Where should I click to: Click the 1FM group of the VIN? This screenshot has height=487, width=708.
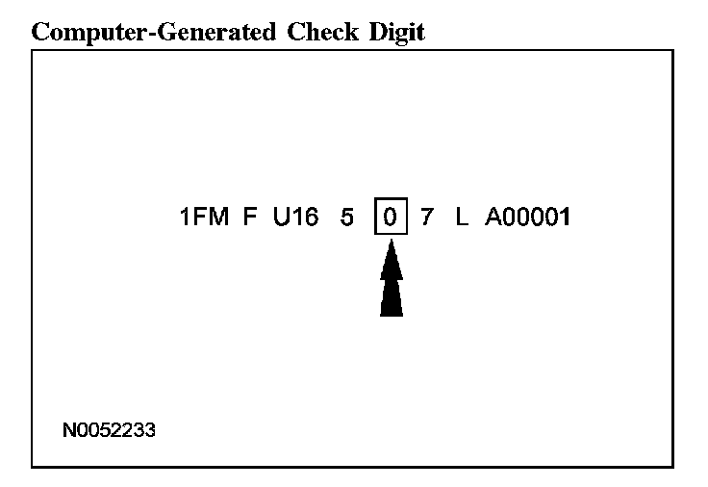204,218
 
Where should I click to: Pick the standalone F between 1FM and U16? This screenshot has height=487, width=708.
250,218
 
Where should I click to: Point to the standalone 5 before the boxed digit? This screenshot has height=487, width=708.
347,218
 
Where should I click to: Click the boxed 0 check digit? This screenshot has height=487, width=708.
391,218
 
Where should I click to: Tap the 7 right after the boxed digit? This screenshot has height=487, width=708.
427,218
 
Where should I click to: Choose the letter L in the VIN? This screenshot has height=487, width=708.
462,218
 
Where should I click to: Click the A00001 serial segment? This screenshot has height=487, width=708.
527,218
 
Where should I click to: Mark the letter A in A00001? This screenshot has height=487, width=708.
493,218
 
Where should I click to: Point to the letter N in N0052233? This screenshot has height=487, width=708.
69,430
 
